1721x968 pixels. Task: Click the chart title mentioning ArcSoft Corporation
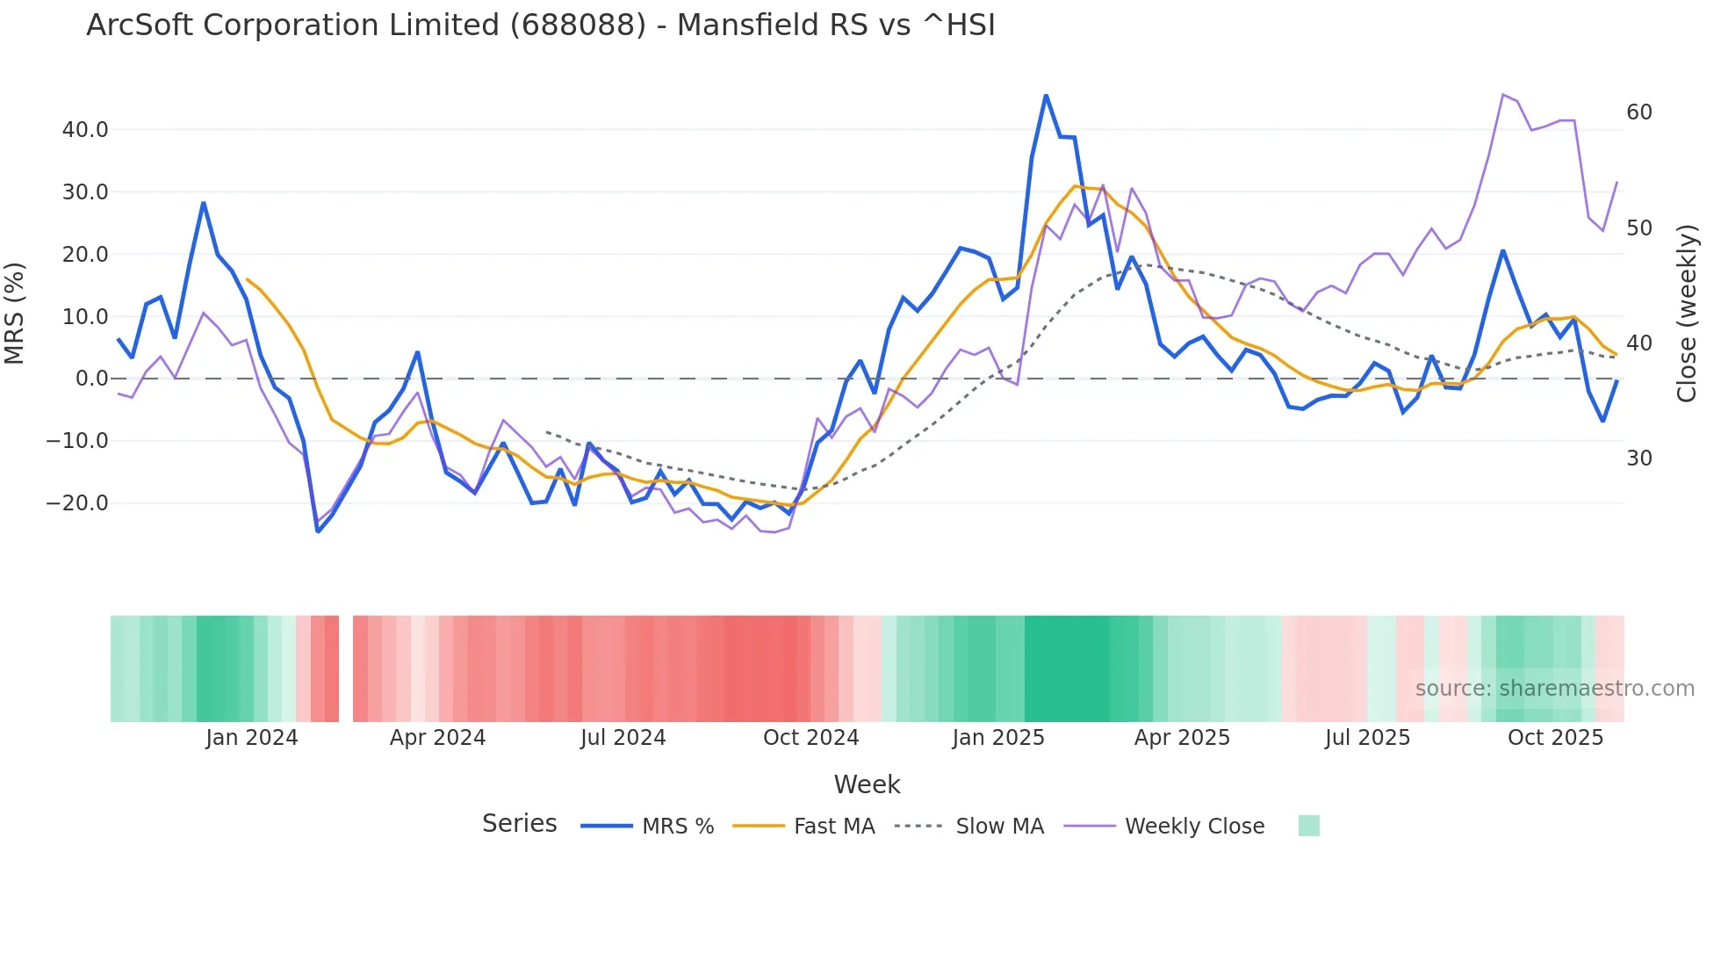click(541, 25)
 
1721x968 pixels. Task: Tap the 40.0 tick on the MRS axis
click(85, 130)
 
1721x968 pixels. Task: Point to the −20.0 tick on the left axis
click(78, 503)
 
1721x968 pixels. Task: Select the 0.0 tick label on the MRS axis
click(91, 379)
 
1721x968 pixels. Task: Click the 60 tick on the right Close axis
click(1638, 112)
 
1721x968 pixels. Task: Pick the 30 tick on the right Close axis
click(1638, 459)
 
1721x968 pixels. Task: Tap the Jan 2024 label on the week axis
click(252, 738)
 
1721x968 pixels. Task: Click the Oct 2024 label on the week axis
click(810, 738)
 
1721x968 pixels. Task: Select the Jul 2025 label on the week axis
click(1367, 738)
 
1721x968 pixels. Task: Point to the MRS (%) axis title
click(15, 313)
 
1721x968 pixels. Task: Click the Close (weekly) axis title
click(1687, 314)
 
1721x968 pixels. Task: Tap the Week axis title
click(867, 784)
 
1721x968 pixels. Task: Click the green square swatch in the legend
click(1308, 826)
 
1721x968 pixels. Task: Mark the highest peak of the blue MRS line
click(1046, 95)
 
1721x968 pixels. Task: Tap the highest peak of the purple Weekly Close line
click(1503, 95)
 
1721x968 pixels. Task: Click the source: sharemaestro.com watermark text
click(1554, 689)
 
